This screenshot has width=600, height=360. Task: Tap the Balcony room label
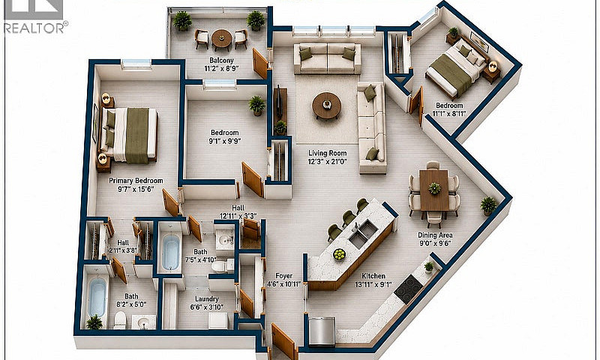tap(221, 61)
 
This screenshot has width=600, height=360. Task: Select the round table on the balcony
tap(221, 39)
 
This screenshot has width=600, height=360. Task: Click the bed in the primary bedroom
tap(128, 135)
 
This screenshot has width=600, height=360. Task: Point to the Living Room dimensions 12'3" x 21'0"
tap(328, 161)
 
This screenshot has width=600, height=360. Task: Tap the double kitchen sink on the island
tap(363, 234)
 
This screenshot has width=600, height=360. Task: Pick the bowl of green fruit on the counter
tap(339, 254)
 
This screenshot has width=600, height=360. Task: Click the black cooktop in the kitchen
tap(408, 289)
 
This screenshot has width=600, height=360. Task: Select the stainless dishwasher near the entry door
tap(322, 331)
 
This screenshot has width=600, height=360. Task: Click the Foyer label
tap(284, 276)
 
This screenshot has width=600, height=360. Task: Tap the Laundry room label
tap(207, 299)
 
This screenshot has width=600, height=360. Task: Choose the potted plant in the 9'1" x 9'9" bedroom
tap(256, 106)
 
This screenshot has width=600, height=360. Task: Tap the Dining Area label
tap(435, 235)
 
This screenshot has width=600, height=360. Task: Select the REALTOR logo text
tap(34, 28)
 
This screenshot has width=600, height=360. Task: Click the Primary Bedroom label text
tap(136, 181)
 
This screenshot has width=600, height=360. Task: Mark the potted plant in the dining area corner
tap(488, 205)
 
